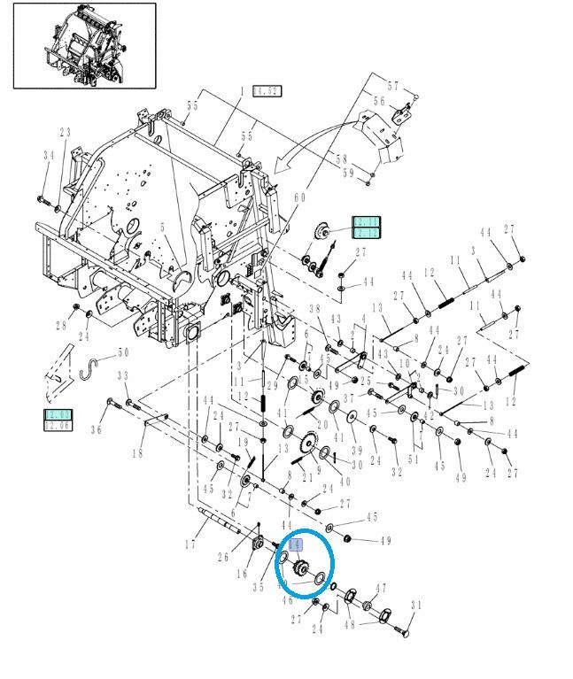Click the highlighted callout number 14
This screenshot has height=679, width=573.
[297, 545]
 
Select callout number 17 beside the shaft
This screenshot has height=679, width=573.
[190, 544]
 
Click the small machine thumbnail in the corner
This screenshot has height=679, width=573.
[84, 45]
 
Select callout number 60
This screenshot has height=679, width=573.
[298, 197]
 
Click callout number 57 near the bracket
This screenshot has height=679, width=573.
[393, 86]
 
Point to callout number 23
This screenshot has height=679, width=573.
[65, 133]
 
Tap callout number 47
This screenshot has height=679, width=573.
[381, 587]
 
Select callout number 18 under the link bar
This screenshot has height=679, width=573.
[137, 453]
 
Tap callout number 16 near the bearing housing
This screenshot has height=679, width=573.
[240, 574]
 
